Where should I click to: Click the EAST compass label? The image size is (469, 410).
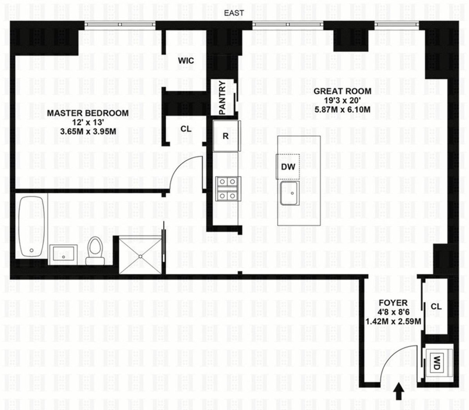[x=234, y=13]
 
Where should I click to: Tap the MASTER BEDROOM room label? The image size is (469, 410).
[x=88, y=113]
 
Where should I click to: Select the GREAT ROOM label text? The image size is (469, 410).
[x=342, y=91]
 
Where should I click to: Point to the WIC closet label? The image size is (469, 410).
[x=186, y=61]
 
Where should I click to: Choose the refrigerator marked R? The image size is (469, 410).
[x=226, y=136]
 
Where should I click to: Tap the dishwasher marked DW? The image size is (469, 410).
[x=288, y=166]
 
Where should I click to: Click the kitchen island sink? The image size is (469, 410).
[x=290, y=193]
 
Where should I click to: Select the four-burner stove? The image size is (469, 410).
[x=228, y=188]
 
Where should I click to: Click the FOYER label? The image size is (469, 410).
[x=393, y=303]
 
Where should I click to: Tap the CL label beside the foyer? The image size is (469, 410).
[x=436, y=307]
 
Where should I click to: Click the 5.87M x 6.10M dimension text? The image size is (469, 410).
[x=342, y=110]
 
